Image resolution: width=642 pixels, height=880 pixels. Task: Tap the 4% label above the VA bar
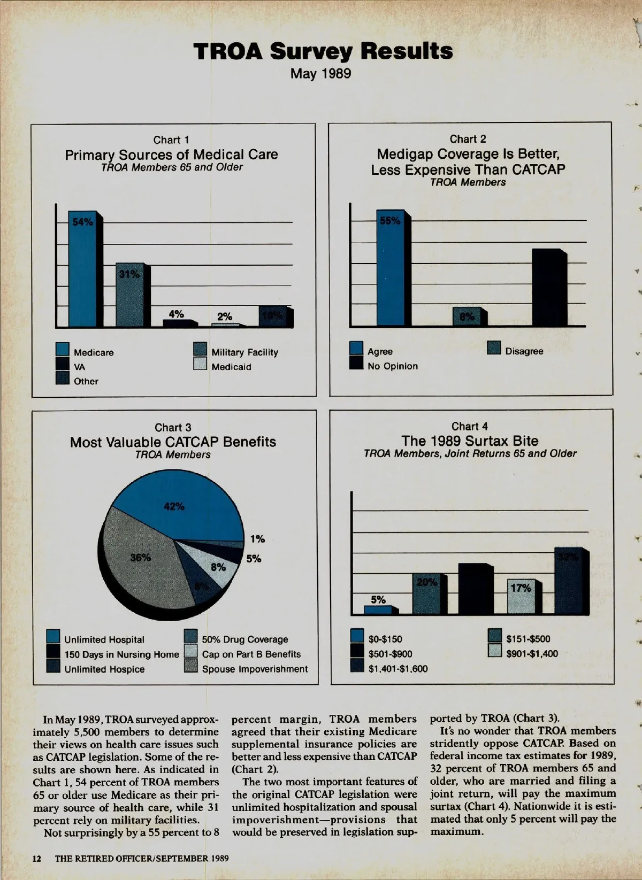point(176,314)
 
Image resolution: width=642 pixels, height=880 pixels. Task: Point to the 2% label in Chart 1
point(225,316)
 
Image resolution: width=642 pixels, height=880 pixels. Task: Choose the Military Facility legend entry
point(244,352)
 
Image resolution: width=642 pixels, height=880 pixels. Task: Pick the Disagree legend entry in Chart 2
point(523,351)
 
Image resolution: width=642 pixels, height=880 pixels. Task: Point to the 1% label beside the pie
point(257,539)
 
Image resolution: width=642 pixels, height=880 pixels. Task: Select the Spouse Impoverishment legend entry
point(254,669)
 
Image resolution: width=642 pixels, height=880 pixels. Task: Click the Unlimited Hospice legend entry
point(104,669)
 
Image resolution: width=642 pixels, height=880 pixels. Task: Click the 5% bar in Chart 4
point(378,609)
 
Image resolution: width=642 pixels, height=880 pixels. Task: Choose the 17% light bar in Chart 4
point(522,597)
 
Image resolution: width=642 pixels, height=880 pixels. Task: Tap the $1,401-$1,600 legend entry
point(398,668)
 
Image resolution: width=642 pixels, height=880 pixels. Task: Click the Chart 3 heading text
point(172,428)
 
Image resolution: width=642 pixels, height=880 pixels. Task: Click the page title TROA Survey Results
point(323,51)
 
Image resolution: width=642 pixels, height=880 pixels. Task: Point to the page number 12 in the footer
point(37,859)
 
